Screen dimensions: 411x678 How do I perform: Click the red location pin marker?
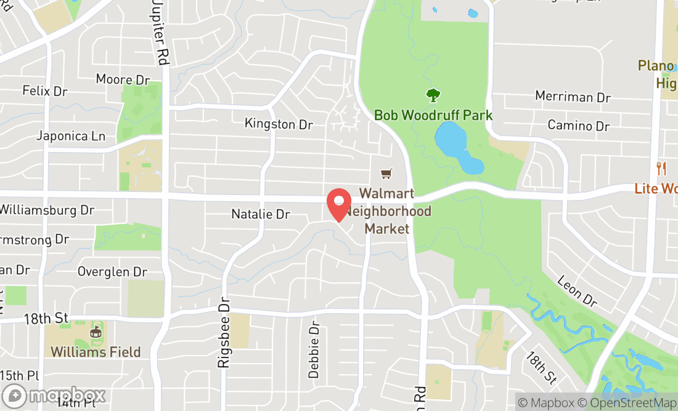[338, 204]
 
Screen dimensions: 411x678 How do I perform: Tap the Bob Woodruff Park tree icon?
[433, 95]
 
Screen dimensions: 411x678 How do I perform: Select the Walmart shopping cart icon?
[386, 174]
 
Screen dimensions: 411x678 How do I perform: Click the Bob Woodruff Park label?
[433, 115]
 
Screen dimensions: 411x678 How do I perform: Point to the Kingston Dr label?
[279, 124]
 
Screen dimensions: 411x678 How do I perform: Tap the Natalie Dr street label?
[260, 214]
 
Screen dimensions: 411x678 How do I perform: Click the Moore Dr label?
[123, 79]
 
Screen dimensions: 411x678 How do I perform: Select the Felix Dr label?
[44, 91]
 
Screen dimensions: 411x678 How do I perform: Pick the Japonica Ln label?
[70, 136]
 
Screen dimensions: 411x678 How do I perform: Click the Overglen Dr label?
[112, 271]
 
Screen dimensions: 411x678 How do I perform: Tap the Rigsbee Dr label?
[223, 334]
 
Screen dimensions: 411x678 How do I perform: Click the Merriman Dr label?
[573, 97]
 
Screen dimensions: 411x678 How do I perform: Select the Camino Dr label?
[578, 126]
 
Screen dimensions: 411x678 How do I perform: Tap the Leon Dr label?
[577, 291]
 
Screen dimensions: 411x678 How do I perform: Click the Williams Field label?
[96, 353]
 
